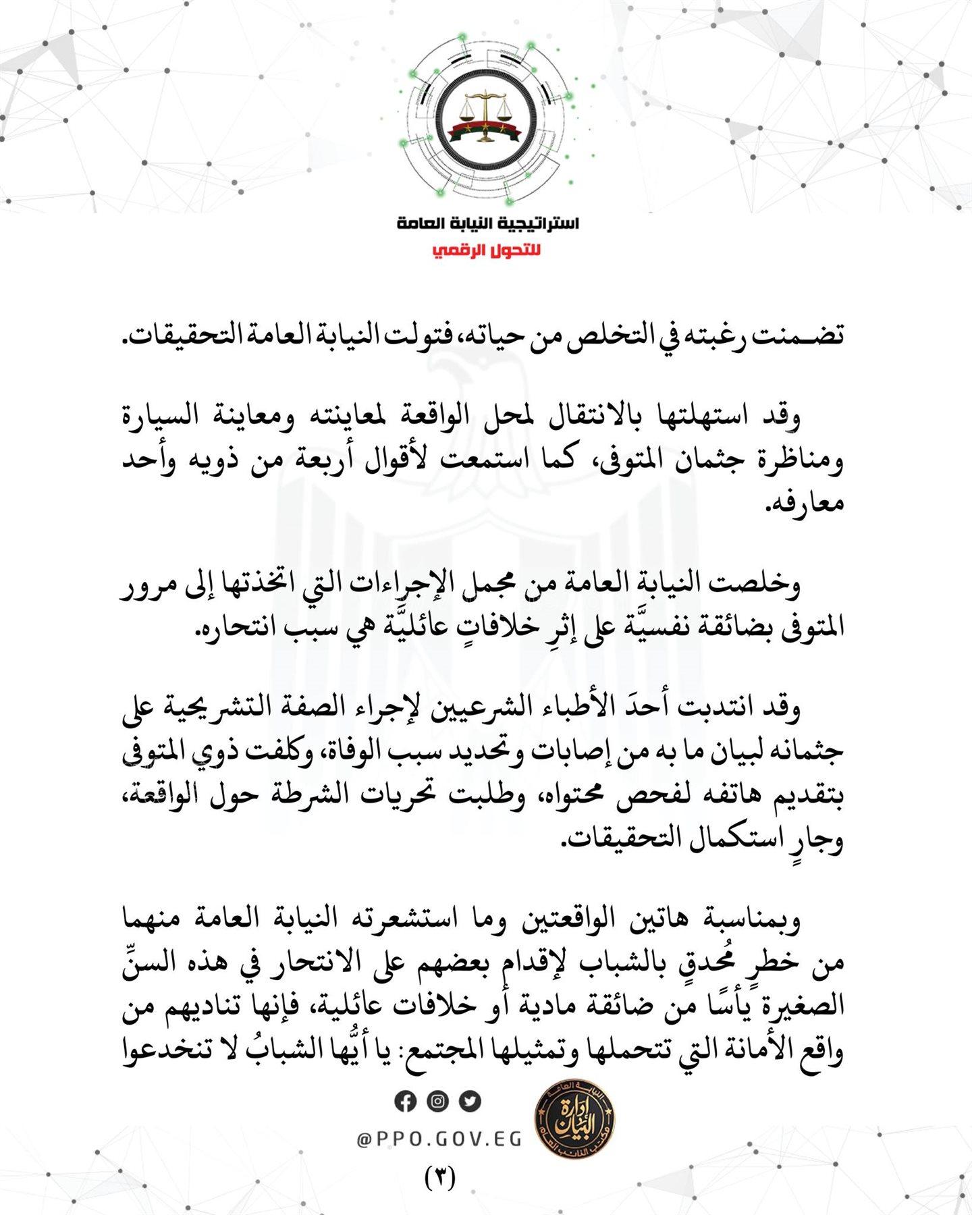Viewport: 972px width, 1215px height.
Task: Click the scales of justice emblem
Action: (485, 115)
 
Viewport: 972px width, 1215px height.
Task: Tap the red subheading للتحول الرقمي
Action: (486, 251)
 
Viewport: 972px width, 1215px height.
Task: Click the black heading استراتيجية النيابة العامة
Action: (487, 223)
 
